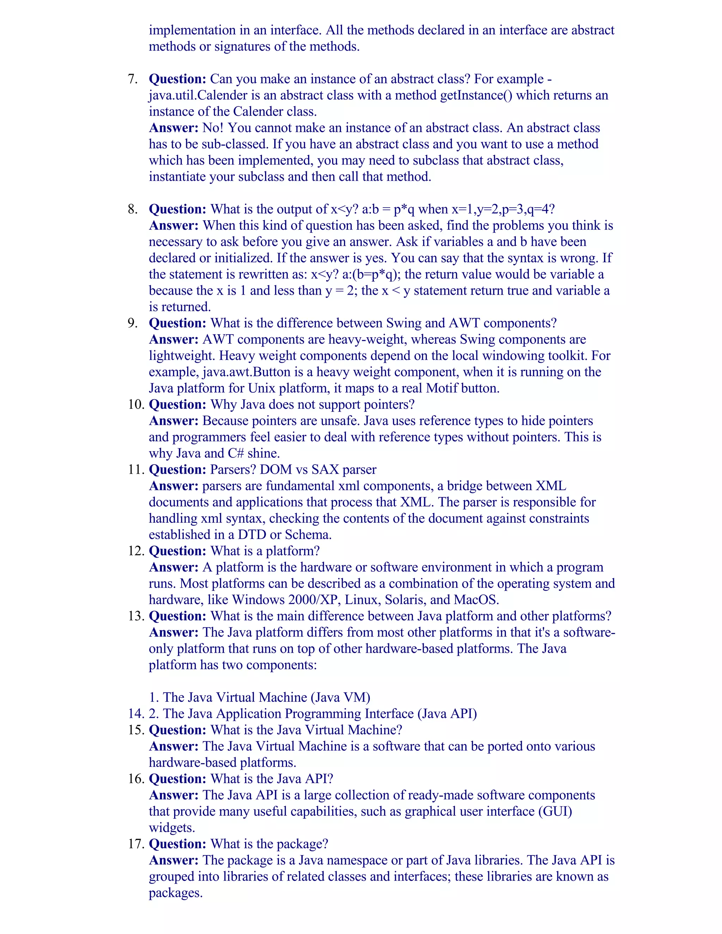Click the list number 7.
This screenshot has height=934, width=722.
click(x=133, y=79)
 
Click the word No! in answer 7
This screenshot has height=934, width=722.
click(x=213, y=128)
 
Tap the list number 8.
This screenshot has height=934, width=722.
click(x=133, y=209)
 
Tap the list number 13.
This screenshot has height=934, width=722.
click(x=136, y=616)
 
